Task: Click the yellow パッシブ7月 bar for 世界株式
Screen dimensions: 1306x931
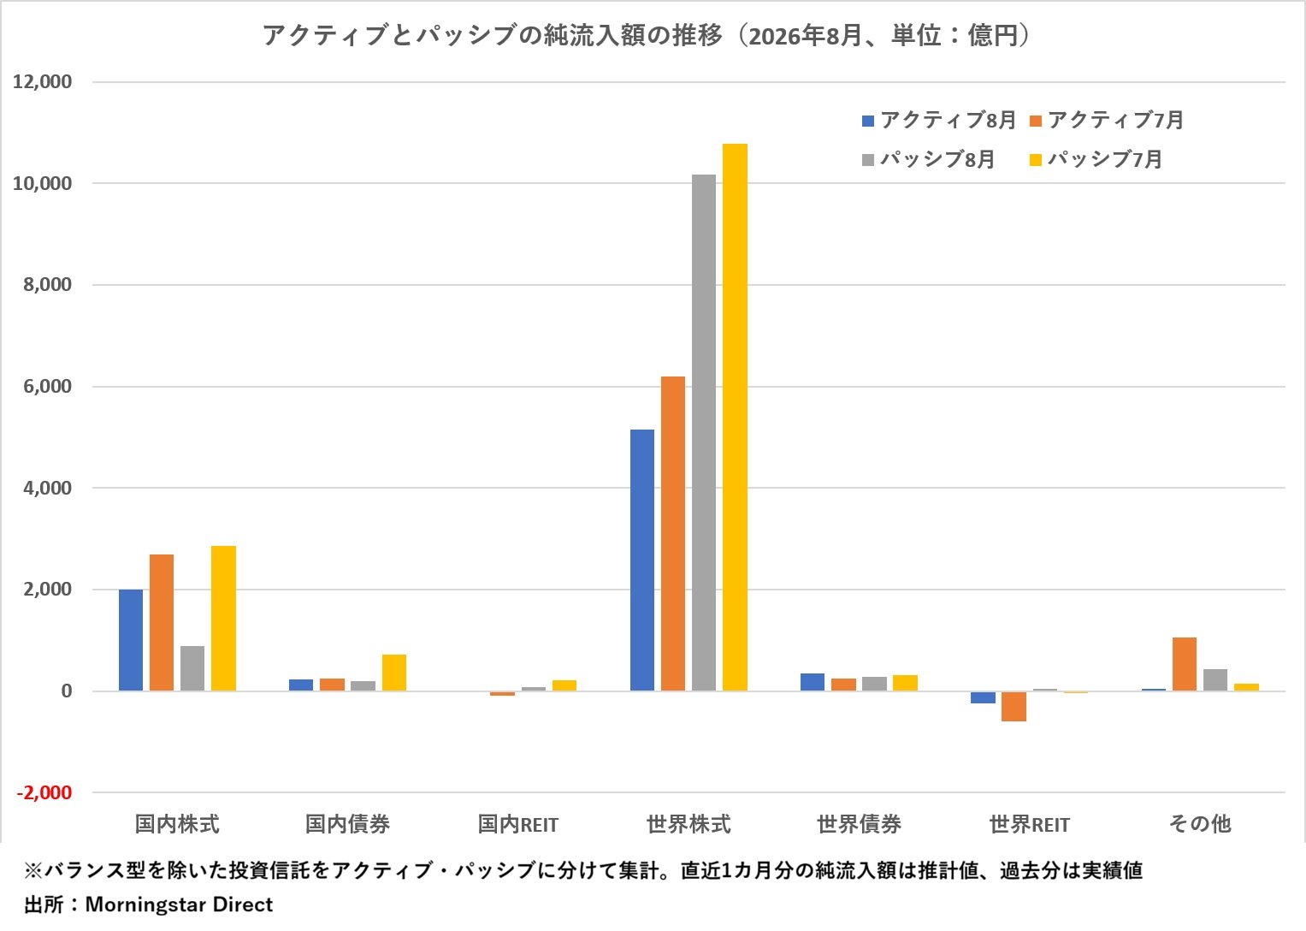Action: [x=735, y=417]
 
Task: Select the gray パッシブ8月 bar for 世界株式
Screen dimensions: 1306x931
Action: [x=704, y=433]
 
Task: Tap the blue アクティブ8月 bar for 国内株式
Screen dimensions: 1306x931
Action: [x=131, y=640]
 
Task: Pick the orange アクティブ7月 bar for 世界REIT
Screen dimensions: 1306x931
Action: [x=1013, y=707]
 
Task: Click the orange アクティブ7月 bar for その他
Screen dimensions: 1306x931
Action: [x=1185, y=664]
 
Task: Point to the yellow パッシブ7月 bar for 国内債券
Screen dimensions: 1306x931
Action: [x=394, y=673]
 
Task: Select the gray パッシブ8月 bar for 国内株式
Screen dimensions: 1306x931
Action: [x=192, y=668]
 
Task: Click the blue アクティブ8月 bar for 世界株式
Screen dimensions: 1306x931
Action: [x=642, y=560]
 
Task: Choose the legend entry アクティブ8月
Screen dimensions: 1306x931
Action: [x=939, y=120]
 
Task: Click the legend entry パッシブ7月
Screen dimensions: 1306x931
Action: [x=1096, y=159]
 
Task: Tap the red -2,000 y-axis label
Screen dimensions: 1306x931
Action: [x=44, y=792]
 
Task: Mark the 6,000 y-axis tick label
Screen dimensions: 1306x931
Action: [x=48, y=386]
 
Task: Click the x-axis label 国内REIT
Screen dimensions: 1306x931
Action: [x=517, y=824]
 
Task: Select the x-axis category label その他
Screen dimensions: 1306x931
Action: [x=1200, y=824]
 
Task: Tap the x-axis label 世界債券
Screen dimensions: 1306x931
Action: [x=859, y=824]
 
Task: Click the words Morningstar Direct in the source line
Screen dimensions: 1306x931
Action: [x=179, y=904]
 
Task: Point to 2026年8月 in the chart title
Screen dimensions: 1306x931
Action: [x=805, y=36]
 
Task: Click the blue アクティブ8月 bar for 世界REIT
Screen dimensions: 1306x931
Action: [x=983, y=697]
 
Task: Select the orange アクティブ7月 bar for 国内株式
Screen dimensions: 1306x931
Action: [x=162, y=623]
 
